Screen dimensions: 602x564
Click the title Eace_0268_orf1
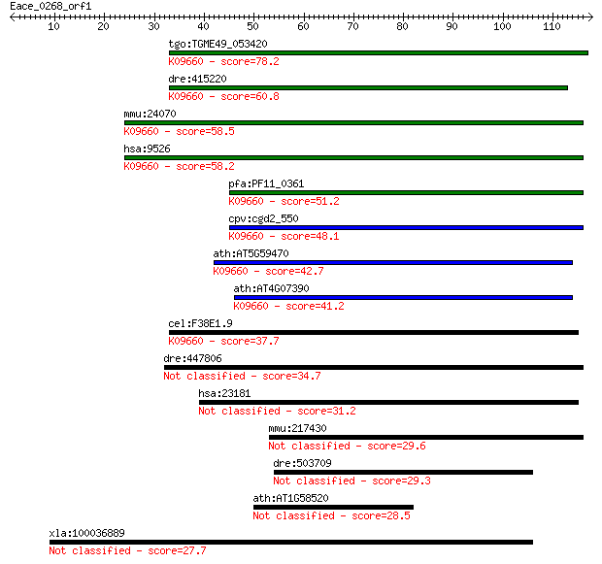pyautogui.click(x=50, y=6)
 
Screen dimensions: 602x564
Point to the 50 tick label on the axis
pyautogui.click(x=252, y=26)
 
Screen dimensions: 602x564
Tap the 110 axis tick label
pyautogui.click(x=552, y=26)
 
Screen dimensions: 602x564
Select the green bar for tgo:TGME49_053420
pyautogui.click(x=379, y=53)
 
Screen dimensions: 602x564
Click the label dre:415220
pyautogui.click(x=197, y=79)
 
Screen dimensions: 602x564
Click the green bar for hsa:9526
pyautogui.click(x=353, y=158)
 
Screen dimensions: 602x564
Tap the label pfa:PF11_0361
pyautogui.click(x=266, y=183)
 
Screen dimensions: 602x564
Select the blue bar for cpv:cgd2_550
pyautogui.click(x=406, y=228)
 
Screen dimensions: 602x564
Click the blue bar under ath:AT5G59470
pyautogui.click(x=393, y=263)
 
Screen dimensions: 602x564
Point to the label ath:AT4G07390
pyautogui.click(x=271, y=288)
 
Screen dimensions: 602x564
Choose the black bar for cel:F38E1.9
pyautogui.click(x=374, y=333)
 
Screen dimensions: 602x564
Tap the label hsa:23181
pyautogui.click(x=224, y=393)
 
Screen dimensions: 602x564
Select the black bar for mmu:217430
pyautogui.click(x=426, y=437)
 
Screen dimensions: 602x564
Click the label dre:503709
pyautogui.click(x=302, y=463)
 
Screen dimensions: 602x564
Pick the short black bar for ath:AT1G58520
pyautogui.click(x=333, y=507)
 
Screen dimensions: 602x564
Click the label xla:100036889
pyautogui.click(x=86, y=533)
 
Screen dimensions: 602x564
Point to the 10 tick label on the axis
pyautogui.click(x=53, y=26)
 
